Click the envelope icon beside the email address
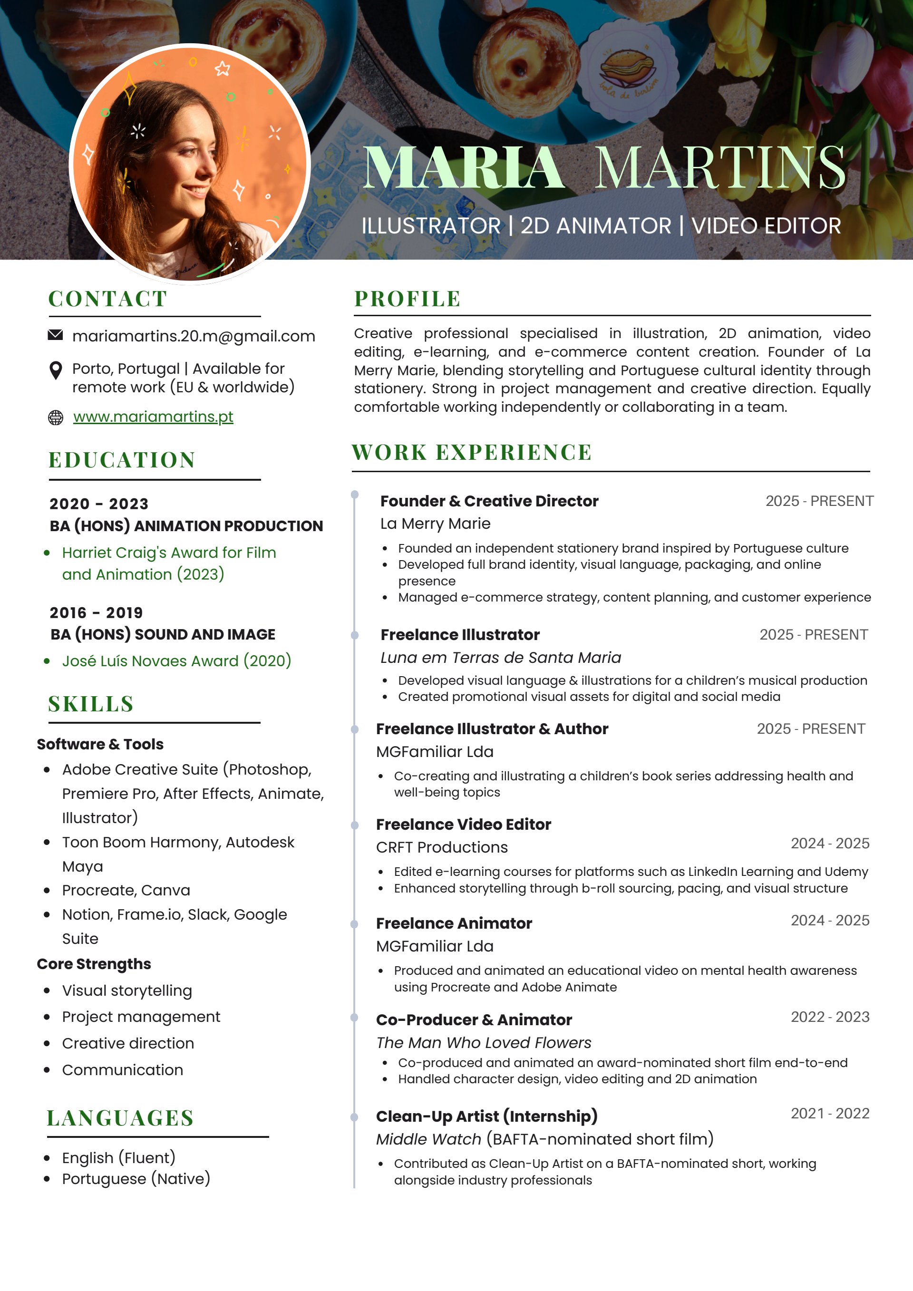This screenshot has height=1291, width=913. (55, 335)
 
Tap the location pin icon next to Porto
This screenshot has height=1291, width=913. (56, 371)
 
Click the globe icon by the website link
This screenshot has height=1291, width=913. (56, 417)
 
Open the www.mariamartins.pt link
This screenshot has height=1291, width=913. (153, 417)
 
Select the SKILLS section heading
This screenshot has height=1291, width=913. (91, 704)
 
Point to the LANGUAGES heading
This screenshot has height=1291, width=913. (120, 1118)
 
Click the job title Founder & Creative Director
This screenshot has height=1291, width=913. (489, 501)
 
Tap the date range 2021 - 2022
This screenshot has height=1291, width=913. (830, 1113)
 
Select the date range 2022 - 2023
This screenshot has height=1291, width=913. (830, 1017)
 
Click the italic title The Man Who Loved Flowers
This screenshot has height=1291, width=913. (484, 1042)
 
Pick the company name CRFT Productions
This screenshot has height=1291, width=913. (442, 847)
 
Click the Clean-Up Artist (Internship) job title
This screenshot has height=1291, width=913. (487, 1116)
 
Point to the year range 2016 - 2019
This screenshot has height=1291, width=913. (96, 612)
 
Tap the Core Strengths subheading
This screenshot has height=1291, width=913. (94, 964)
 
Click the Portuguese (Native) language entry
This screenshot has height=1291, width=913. (136, 1179)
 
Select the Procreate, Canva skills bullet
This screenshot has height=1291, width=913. (126, 890)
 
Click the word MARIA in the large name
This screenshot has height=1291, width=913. (463, 167)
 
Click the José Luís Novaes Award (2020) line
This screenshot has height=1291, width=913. (176, 660)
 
